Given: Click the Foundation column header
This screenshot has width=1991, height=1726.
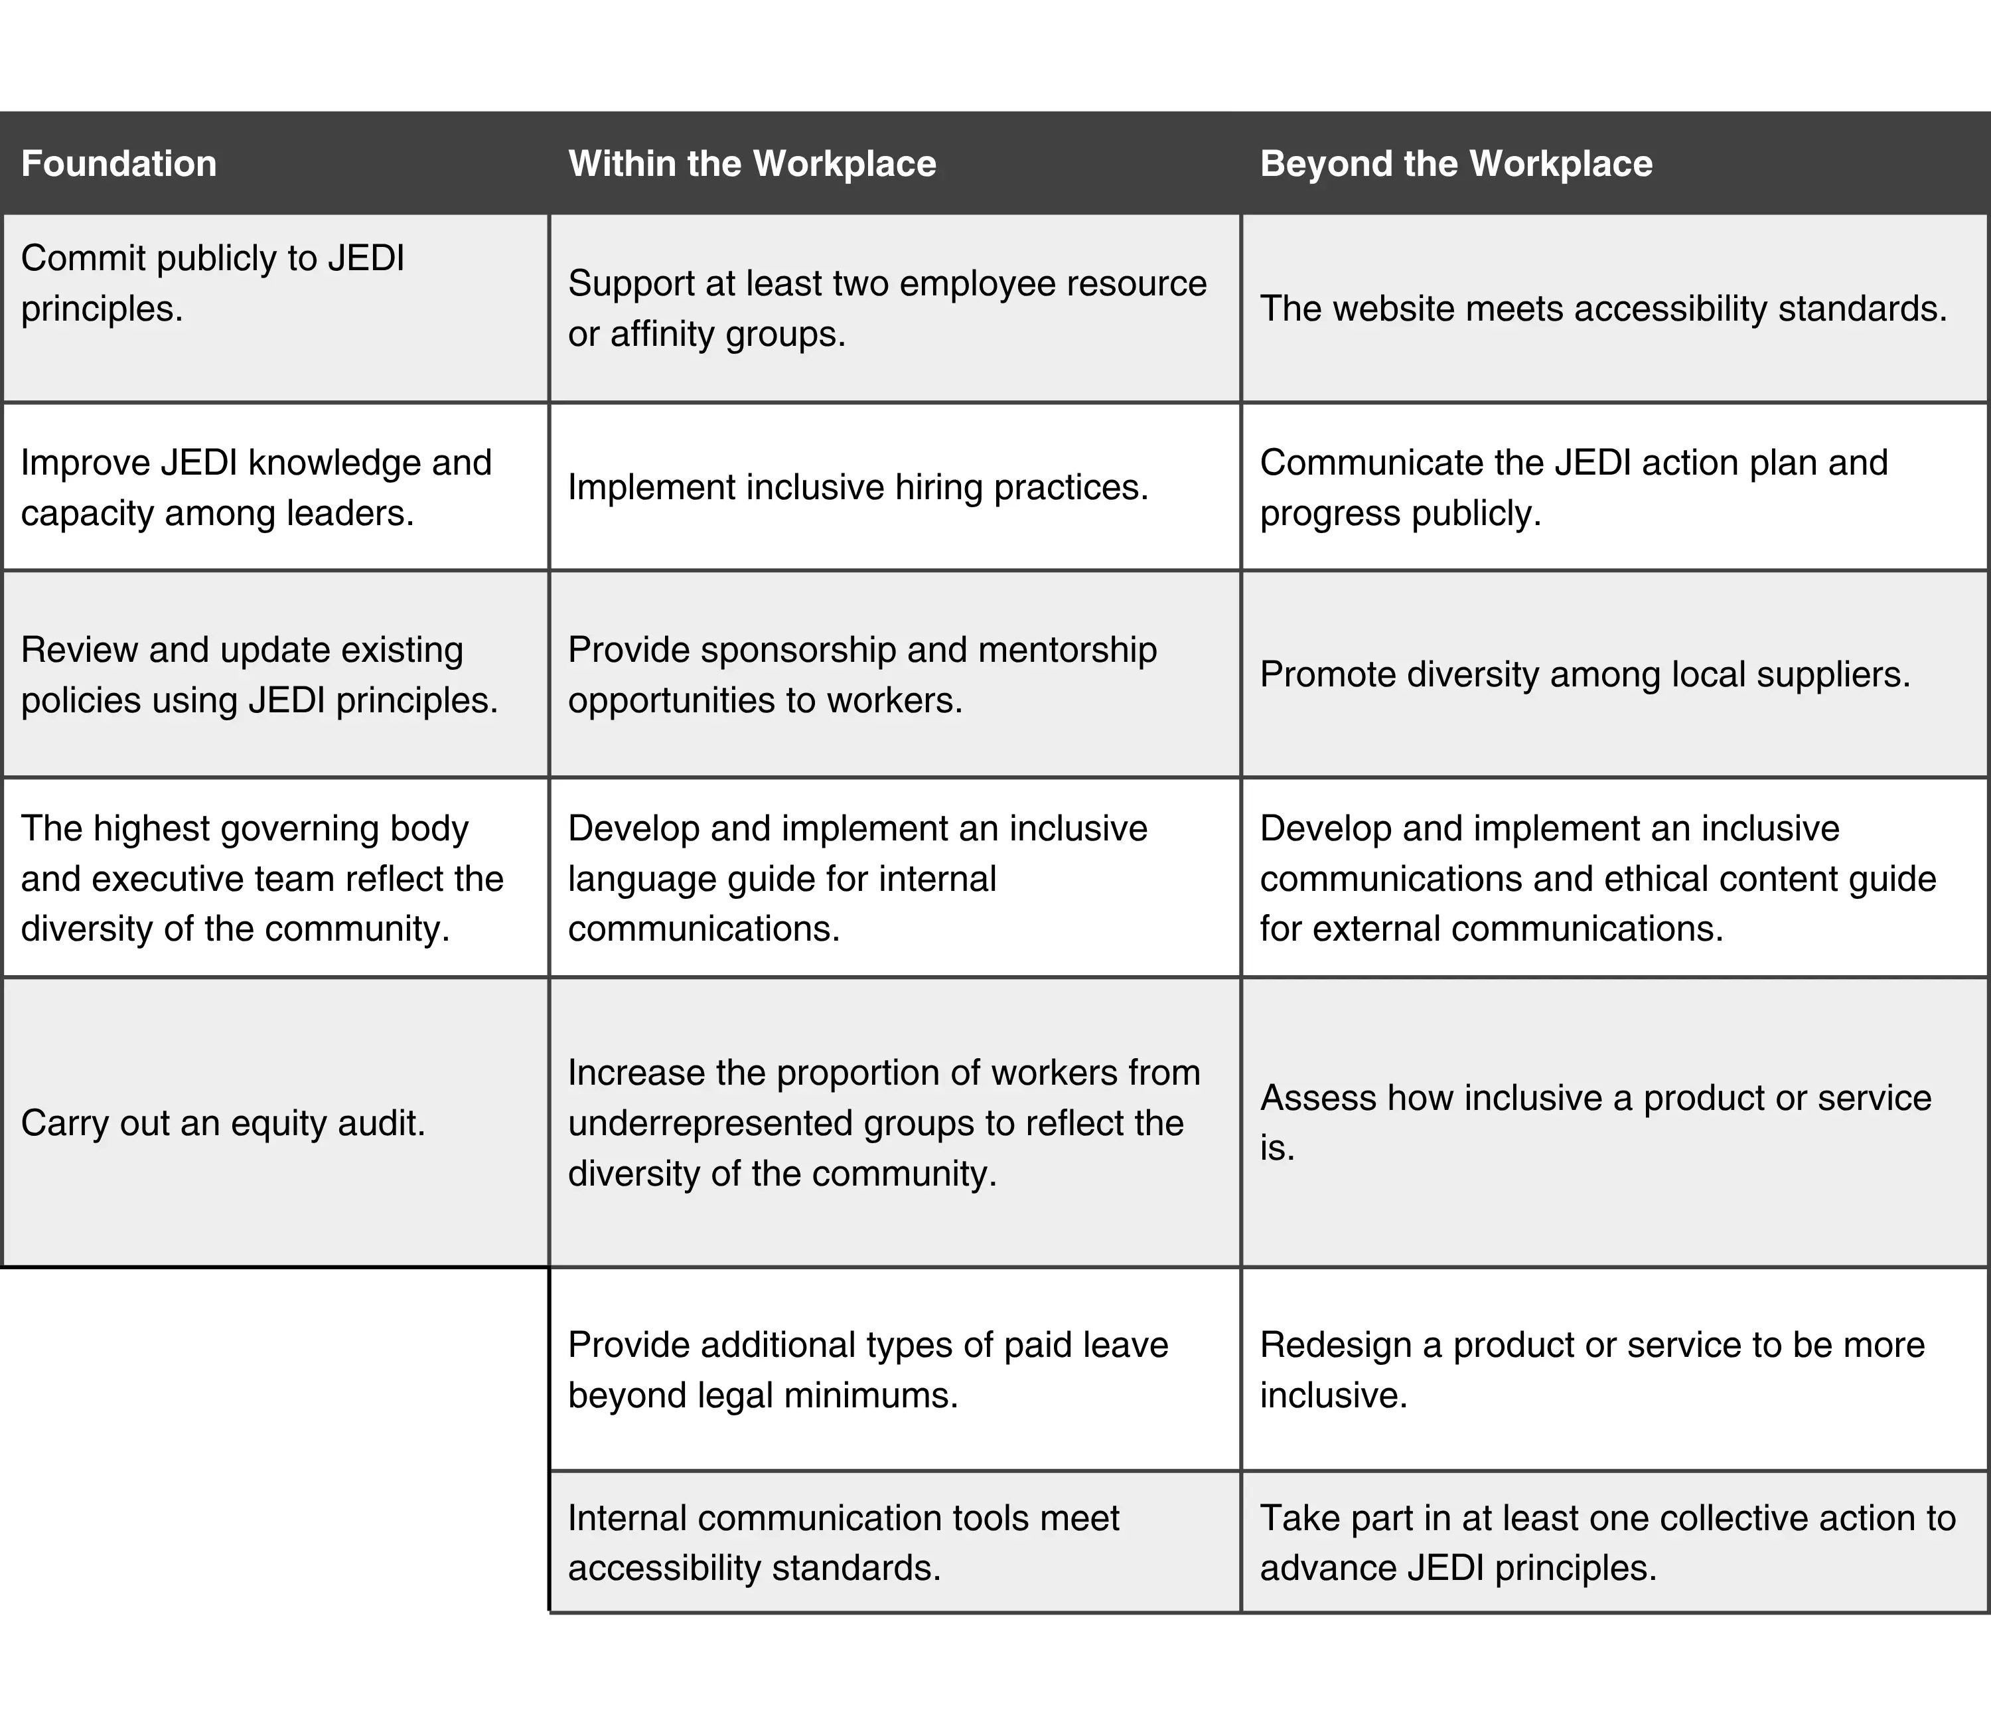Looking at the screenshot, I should point(119,164).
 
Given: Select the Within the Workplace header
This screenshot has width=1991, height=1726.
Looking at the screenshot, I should point(752,164).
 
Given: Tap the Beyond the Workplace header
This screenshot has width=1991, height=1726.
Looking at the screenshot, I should point(1455,164).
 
